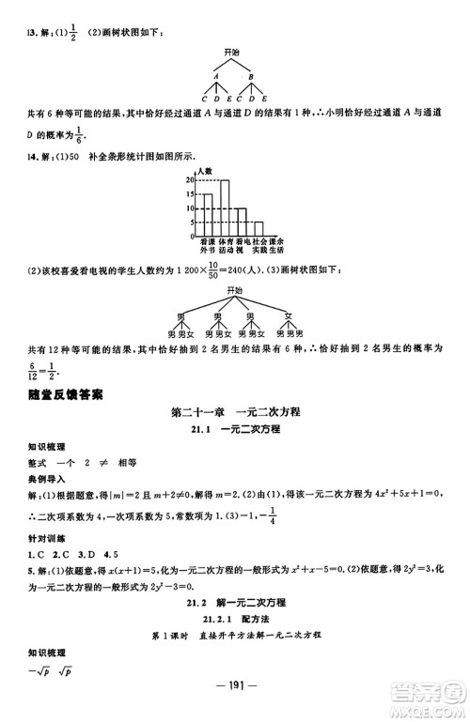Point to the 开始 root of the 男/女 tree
(x=235, y=293)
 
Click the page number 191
(x=235, y=699)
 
